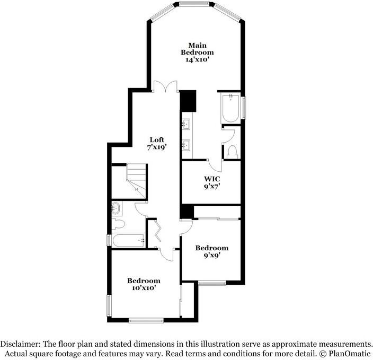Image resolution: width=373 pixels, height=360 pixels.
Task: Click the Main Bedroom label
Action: coord(197,48)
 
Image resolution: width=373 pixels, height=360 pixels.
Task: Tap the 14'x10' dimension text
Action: coord(197,61)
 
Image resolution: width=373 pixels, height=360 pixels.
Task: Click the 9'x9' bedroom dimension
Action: coord(211,255)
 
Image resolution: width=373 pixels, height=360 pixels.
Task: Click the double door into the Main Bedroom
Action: coord(165,86)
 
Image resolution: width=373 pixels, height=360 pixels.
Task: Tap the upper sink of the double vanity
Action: coord(187,125)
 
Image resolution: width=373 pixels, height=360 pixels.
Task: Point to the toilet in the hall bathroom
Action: coord(117,224)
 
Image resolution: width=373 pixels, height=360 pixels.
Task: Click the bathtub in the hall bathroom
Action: coord(128,241)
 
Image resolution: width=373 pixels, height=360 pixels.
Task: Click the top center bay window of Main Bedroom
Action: coord(194,5)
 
